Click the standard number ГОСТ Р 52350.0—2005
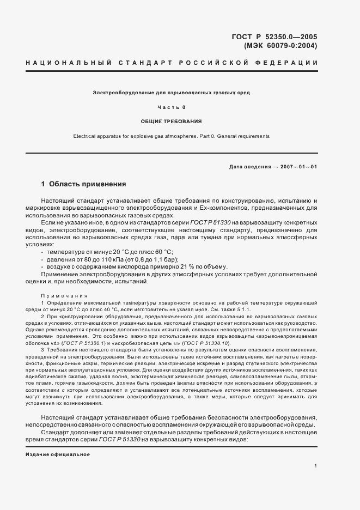(x=274, y=37)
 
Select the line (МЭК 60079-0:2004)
(x=280, y=46)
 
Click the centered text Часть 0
(x=171, y=107)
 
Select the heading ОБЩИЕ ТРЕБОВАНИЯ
(x=171, y=121)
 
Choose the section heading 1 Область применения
(x=83, y=184)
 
